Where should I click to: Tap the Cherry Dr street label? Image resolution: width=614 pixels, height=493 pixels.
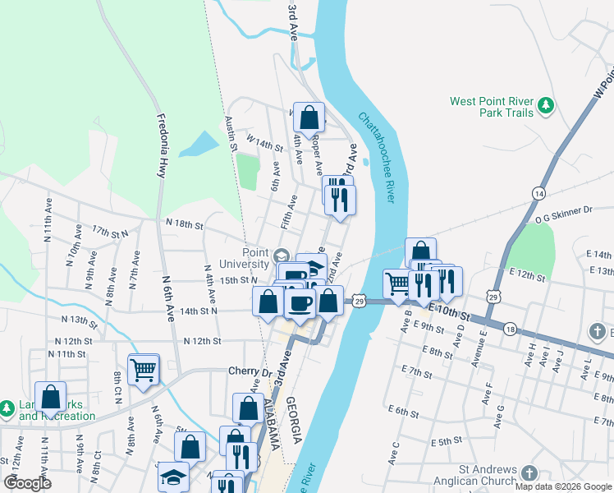(250, 371)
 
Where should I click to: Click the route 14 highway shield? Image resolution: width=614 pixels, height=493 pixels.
(538, 192)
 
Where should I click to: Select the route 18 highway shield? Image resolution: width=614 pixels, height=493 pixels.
(510, 329)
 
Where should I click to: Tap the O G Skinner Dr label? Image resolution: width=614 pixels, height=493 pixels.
(563, 210)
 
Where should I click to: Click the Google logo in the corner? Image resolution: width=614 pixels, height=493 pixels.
(28, 483)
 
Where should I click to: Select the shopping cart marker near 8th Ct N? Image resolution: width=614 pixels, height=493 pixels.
(144, 370)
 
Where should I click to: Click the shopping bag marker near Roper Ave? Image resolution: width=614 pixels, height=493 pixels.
(309, 118)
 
